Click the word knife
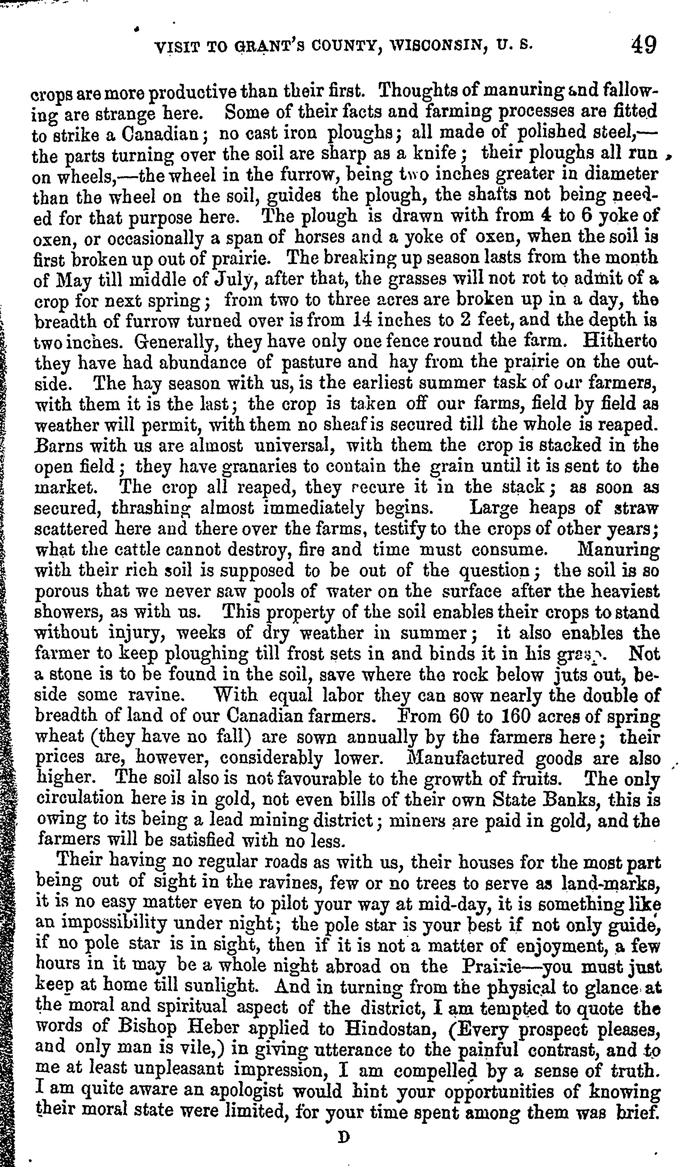438,153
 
